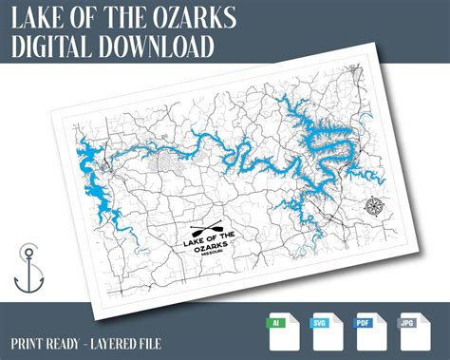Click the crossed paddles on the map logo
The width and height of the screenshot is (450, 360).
click(204, 230)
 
